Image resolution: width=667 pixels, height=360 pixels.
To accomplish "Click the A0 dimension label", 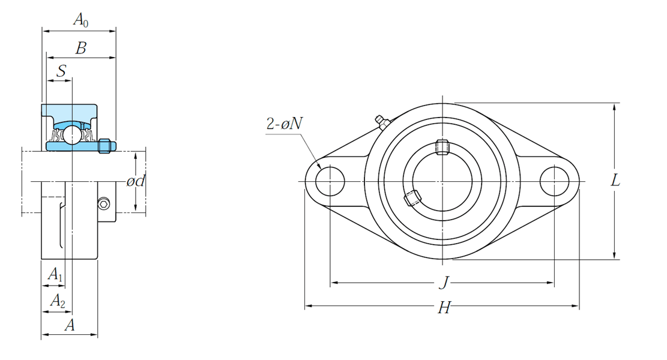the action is (x=81, y=20).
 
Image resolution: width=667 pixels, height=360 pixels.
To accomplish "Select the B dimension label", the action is (x=81, y=48).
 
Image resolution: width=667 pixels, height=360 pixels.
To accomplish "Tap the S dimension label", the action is (x=62, y=71).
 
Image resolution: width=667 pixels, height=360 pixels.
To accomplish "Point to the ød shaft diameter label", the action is (x=136, y=181).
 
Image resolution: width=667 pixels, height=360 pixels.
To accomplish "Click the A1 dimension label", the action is (x=55, y=274).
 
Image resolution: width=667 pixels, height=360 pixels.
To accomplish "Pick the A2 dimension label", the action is (x=58, y=301).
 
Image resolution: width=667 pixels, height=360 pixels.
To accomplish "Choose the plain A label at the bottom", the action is (x=70, y=325).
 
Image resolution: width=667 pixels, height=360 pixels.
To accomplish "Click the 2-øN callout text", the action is (x=285, y=123).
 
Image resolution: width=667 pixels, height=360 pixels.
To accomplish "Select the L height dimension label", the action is (x=615, y=181).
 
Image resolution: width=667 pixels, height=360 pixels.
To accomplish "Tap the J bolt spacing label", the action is (x=444, y=282).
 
